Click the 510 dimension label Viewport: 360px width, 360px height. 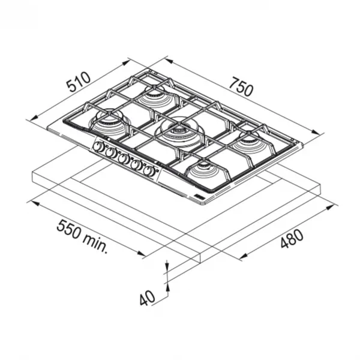coord(79,82)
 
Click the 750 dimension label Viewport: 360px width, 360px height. coord(241,86)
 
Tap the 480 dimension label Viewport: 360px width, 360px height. coord(292,239)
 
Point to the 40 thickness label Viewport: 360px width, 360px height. coord(148,298)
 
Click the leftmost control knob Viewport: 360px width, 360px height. coord(99,146)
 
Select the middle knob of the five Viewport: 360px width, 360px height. coord(124,158)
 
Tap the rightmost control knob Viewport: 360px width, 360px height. coord(149,171)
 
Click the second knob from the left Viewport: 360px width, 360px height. coord(112,152)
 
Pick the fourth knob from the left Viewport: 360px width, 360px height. coord(137,164)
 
